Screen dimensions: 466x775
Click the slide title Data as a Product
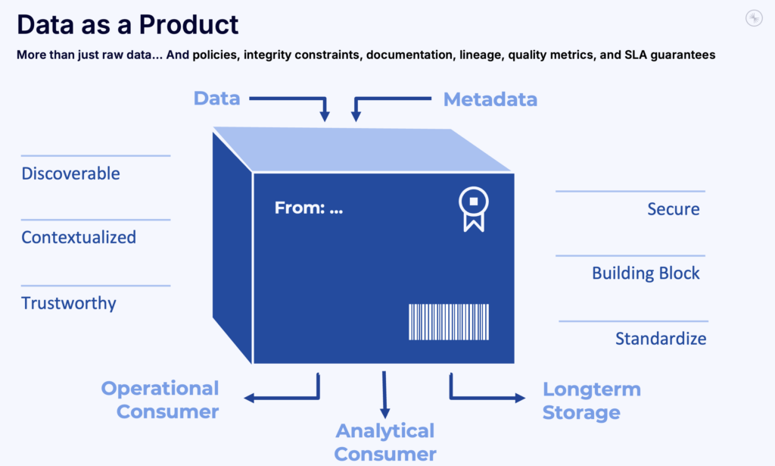[127, 25]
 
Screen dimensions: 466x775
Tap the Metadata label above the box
[490, 99]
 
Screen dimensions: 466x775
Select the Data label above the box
[216, 99]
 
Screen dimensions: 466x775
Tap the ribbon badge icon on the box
[473, 209]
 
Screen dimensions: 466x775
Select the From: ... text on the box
[308, 208]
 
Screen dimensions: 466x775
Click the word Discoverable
[70, 174]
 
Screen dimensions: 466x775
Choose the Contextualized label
[79, 237]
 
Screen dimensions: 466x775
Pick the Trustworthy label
[69, 303]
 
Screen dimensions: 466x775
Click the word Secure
[673, 209]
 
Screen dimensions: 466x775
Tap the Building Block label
[646, 274]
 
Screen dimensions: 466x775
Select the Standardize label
[661, 339]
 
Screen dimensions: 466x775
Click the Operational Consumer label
[160, 400]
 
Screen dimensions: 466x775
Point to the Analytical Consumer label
[385, 443]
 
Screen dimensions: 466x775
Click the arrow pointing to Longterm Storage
[484, 396]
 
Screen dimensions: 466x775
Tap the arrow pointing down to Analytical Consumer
[384, 394]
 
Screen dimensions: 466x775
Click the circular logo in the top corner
[753, 19]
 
